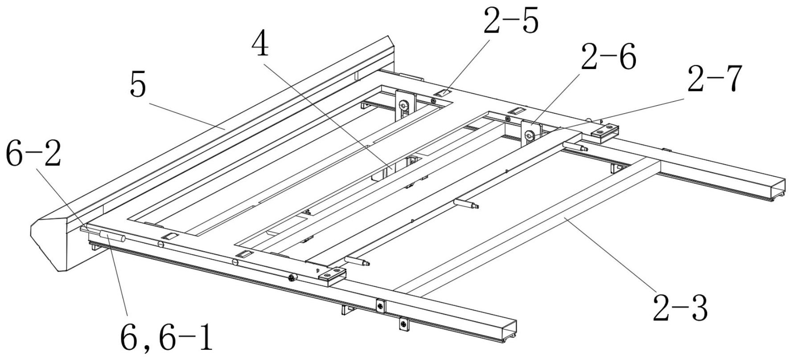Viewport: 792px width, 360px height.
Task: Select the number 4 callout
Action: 260,45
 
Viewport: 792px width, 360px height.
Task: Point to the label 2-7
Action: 714,79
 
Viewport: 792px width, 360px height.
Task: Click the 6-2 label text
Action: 33,154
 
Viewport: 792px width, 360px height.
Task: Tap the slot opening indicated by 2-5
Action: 443,93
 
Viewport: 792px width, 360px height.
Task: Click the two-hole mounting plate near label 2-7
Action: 605,132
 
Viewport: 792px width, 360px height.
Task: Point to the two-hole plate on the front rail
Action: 332,276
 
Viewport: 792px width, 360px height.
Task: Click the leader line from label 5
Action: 187,116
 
